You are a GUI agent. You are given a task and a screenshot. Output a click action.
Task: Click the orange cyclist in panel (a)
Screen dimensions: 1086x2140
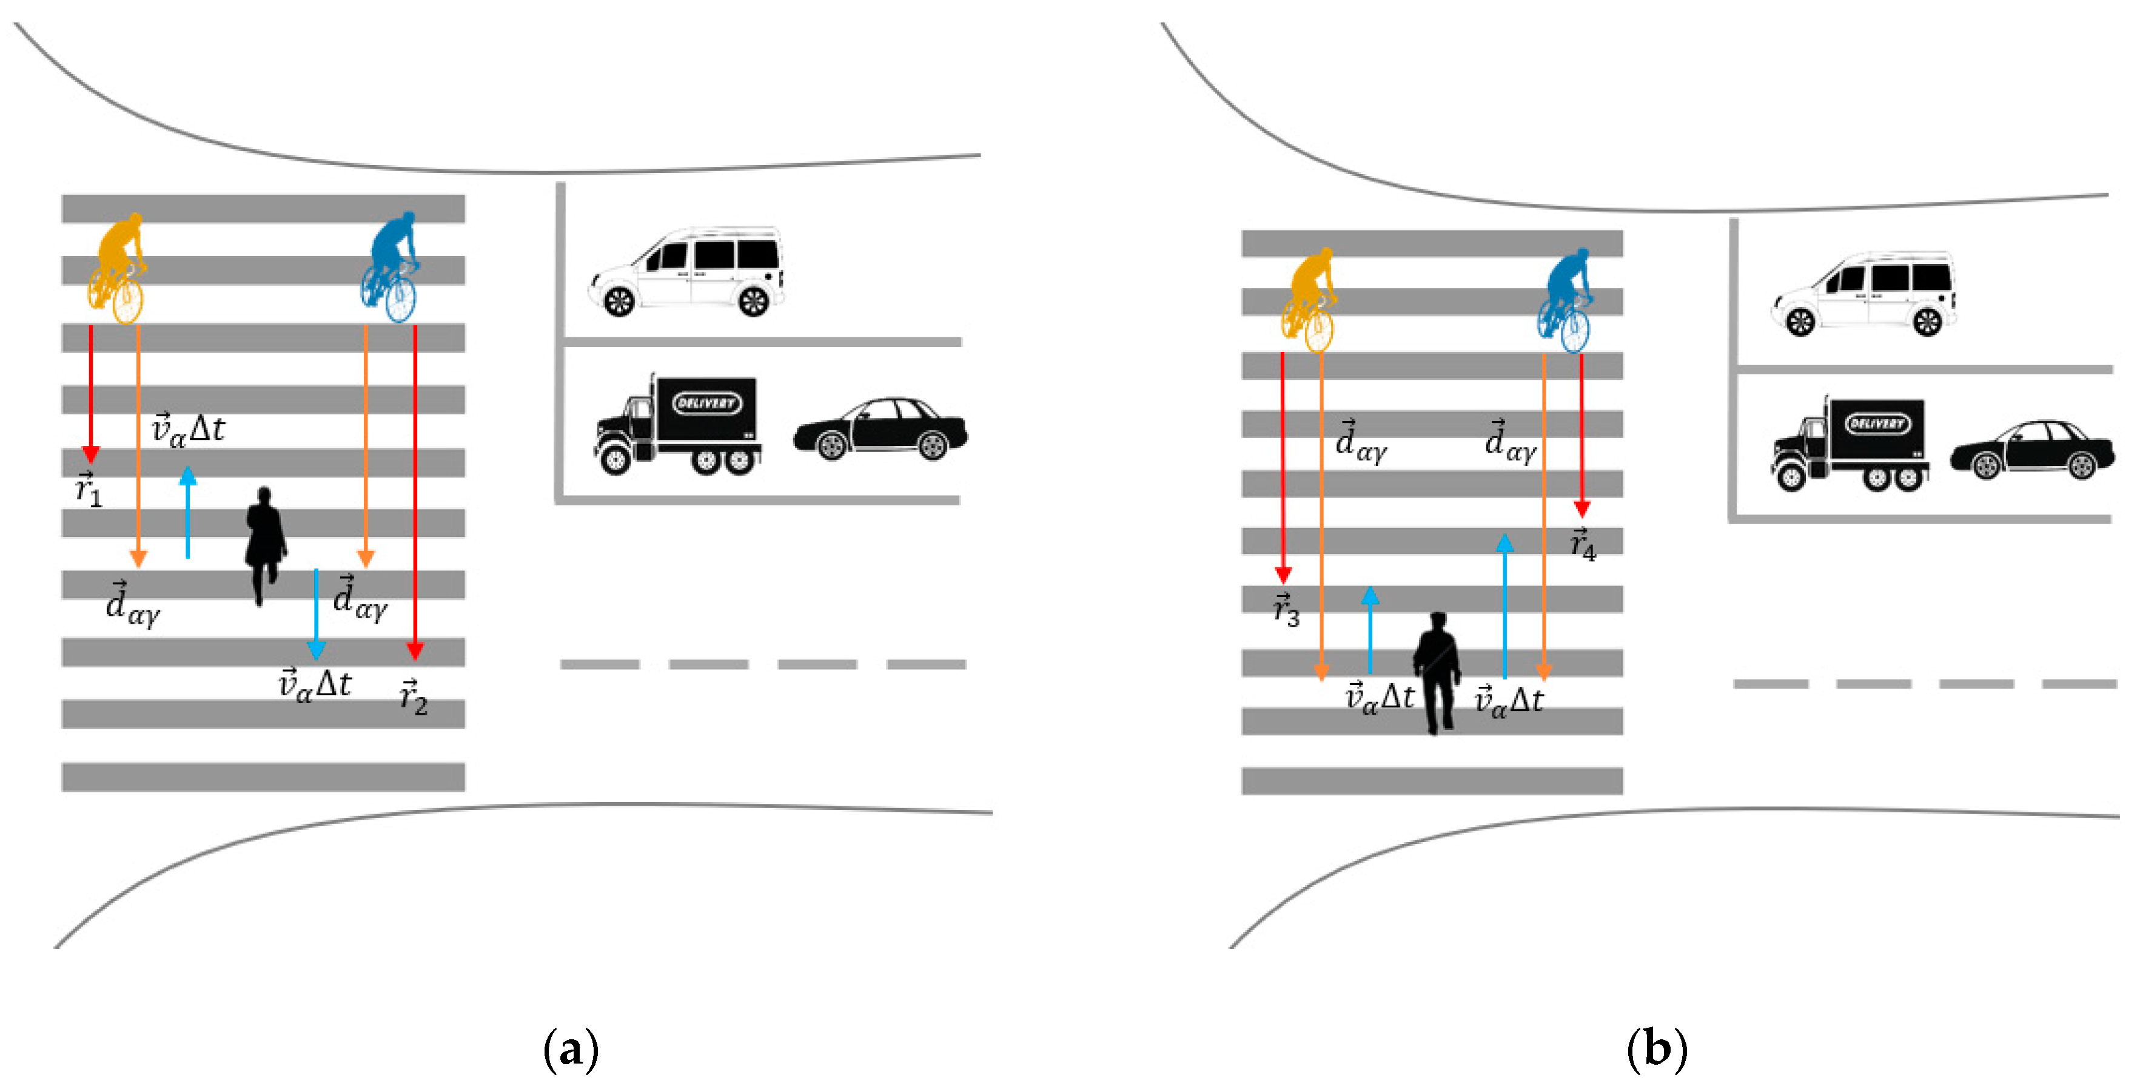click(117, 268)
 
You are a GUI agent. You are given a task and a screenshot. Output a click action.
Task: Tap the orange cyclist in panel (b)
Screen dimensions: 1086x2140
click(1309, 300)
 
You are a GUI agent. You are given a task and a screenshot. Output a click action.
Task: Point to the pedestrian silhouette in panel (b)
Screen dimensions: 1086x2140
click(1437, 672)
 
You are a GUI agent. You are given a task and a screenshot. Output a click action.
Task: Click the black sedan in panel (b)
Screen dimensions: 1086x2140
click(2032, 449)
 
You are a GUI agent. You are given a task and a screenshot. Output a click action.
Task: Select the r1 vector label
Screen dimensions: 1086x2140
click(88, 490)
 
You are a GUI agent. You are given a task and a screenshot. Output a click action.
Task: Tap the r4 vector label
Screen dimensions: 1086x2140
click(1583, 545)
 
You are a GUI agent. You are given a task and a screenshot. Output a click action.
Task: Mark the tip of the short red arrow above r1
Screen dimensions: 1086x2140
click(90, 459)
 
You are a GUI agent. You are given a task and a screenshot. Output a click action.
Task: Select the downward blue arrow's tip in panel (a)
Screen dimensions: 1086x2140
click(316, 656)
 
